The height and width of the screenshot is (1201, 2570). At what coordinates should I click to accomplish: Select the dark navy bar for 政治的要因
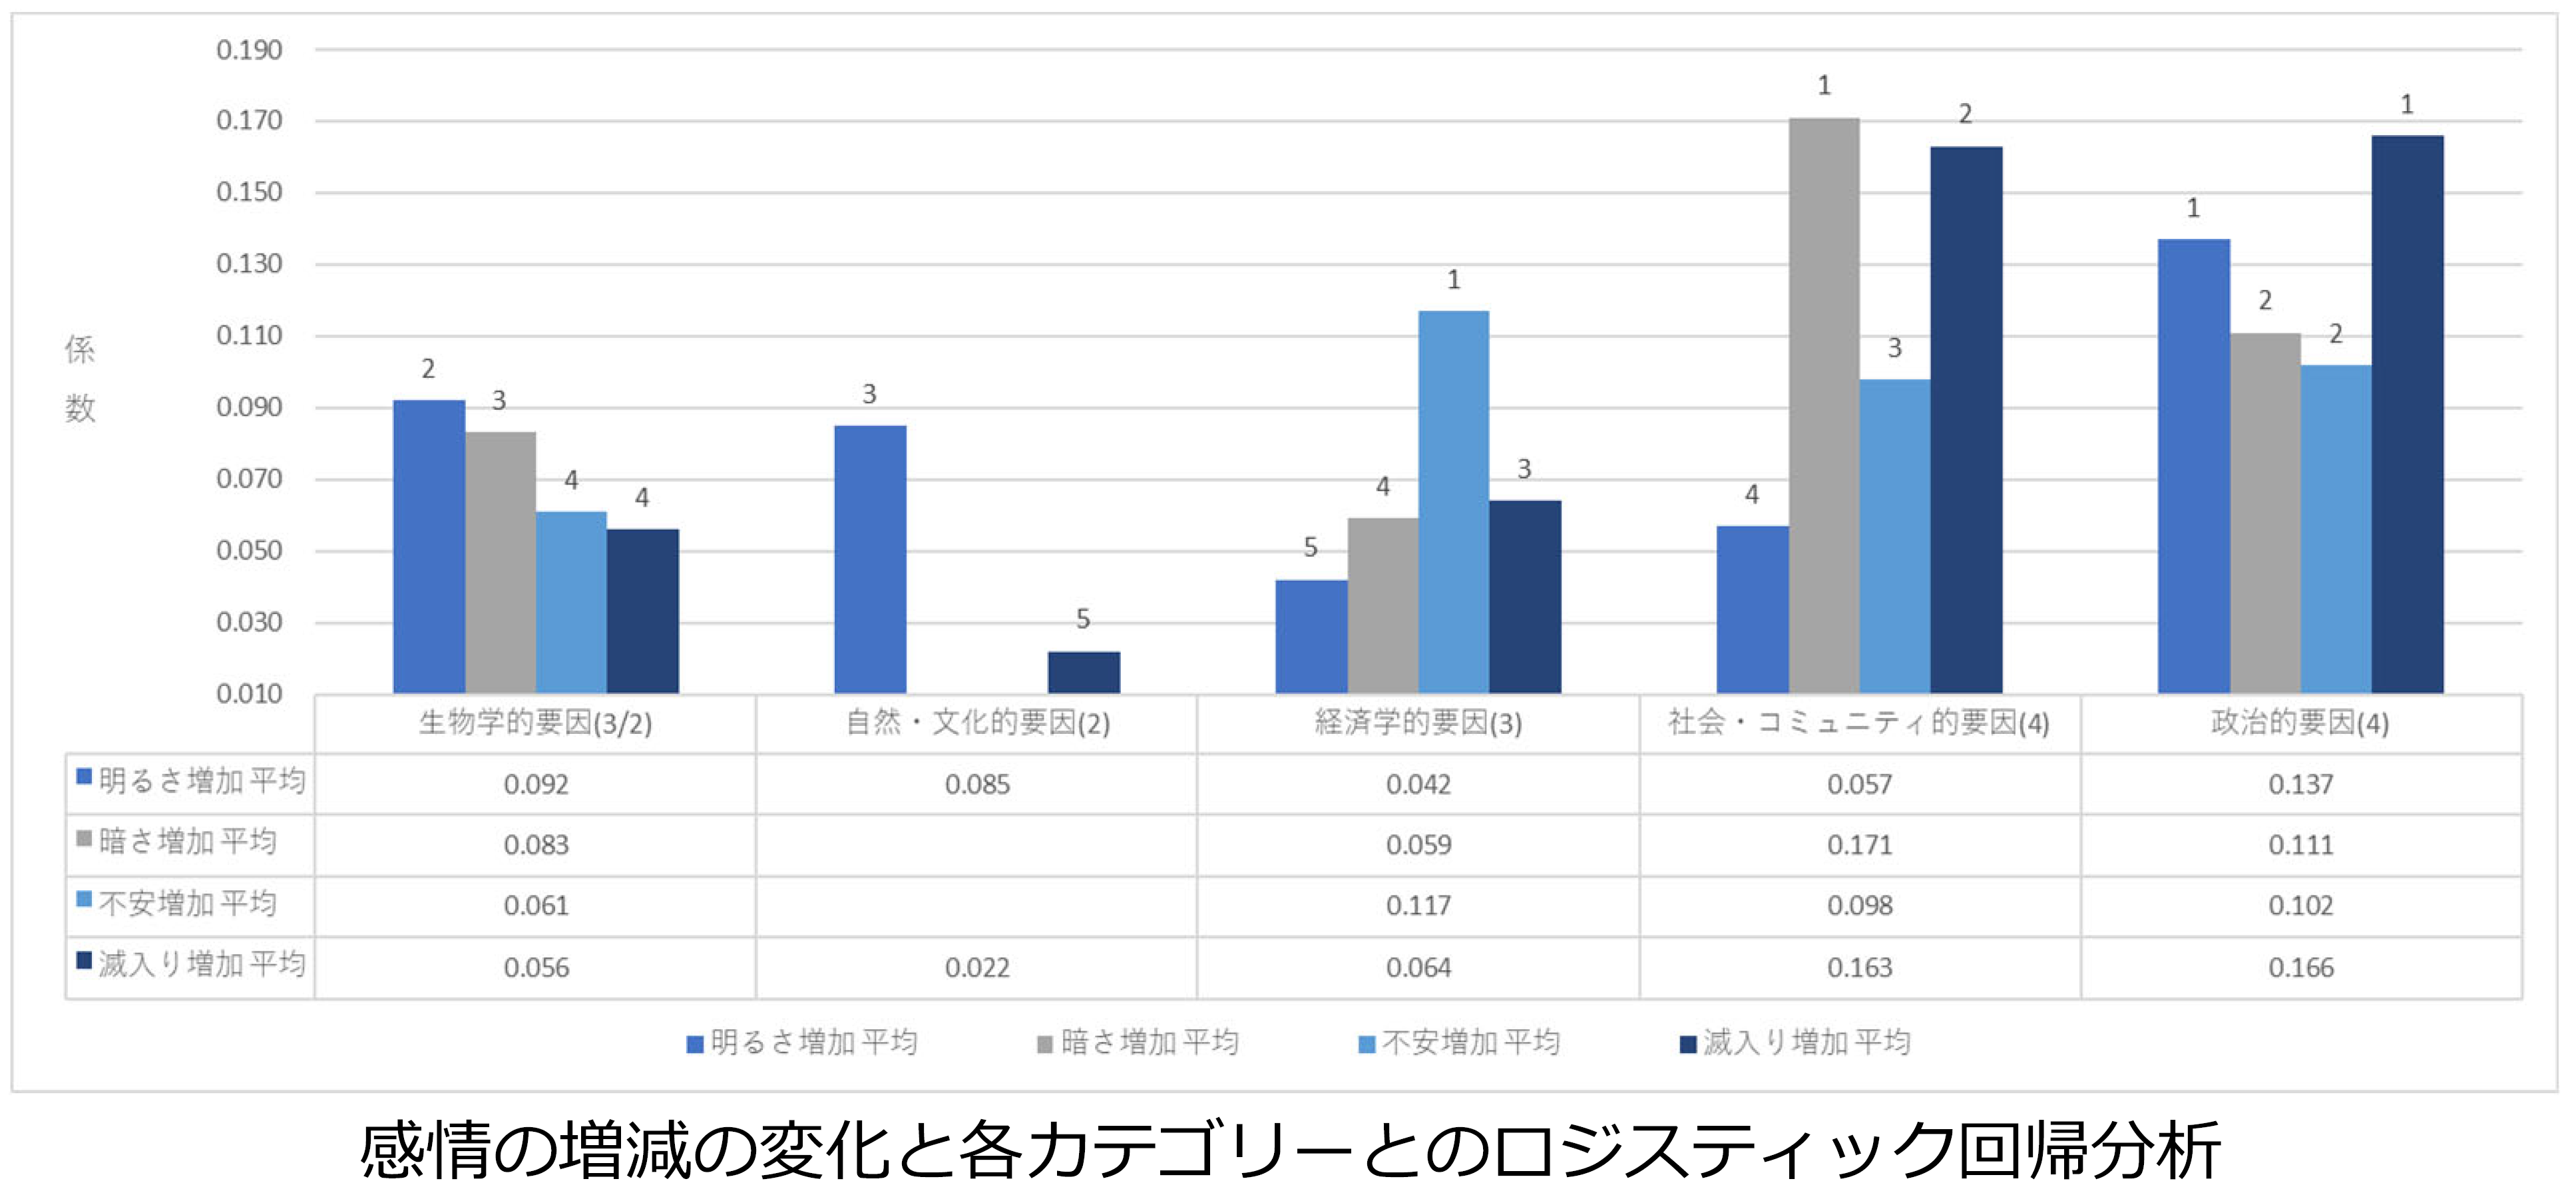coord(2408,414)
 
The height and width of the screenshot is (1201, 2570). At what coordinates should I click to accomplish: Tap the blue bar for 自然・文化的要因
coord(870,559)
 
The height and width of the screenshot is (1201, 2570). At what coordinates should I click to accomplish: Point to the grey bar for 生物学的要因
coord(500,563)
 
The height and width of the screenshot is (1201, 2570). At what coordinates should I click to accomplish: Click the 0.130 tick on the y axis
coord(250,264)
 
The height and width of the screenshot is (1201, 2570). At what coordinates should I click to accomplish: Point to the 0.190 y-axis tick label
coord(250,50)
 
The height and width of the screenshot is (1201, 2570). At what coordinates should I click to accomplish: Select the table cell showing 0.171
coord(1860,846)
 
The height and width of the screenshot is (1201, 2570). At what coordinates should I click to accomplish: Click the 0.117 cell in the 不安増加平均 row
coord(1418,906)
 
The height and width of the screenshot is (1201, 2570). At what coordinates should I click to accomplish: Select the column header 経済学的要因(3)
coord(1418,723)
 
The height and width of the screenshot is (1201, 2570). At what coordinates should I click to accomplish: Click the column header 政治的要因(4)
coord(2300,723)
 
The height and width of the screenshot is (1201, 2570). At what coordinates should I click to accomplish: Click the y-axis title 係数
coord(80,379)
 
